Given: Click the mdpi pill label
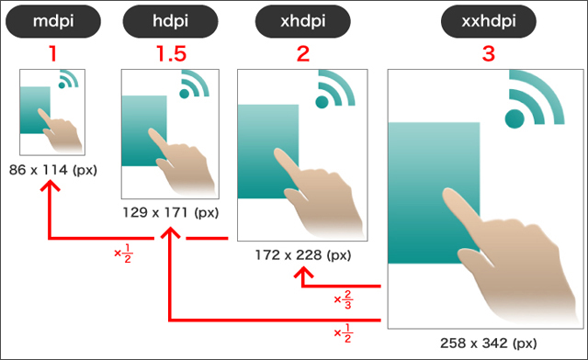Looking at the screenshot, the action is pyautogui.click(x=53, y=21).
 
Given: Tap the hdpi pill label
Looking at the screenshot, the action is pyautogui.click(x=170, y=21).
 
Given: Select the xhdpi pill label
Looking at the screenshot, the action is pyautogui.click(x=302, y=21).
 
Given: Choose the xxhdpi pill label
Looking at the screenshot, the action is pyautogui.click(x=488, y=21).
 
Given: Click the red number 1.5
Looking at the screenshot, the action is pyautogui.click(x=172, y=53).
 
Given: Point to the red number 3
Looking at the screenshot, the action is pyautogui.click(x=488, y=53).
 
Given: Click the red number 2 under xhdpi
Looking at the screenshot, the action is pyautogui.click(x=303, y=53).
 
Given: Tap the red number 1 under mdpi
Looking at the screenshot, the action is pyautogui.click(x=53, y=53).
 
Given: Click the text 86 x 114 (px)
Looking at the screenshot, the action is pyautogui.click(x=53, y=170).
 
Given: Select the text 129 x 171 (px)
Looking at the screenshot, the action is pyautogui.click(x=171, y=213).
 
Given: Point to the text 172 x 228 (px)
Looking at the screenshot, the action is pyautogui.click(x=303, y=255).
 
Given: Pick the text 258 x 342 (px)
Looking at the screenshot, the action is pyautogui.click(x=488, y=343).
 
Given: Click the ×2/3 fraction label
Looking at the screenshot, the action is pyautogui.click(x=343, y=299).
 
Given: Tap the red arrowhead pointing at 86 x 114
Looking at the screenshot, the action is pyautogui.click(x=50, y=186).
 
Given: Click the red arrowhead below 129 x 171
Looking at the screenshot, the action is pyautogui.click(x=171, y=232).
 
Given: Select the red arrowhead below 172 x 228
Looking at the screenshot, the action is pyautogui.click(x=303, y=272).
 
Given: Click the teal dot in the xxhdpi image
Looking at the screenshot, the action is pyautogui.click(x=514, y=118).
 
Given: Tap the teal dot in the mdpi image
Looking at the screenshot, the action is pyautogui.click(x=62, y=85).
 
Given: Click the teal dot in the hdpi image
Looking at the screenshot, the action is pyautogui.click(x=184, y=94).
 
